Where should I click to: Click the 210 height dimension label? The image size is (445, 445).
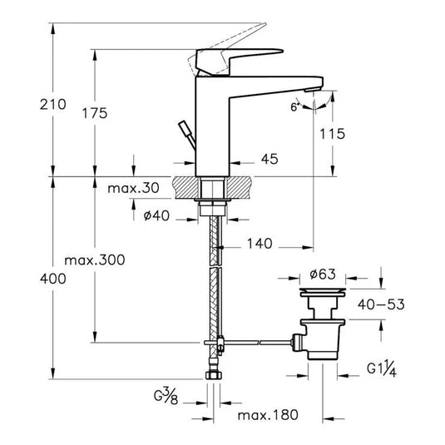(52, 105)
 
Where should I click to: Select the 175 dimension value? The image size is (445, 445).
(95, 113)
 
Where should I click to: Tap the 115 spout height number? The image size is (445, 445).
(333, 134)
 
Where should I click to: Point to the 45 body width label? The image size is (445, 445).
(269, 159)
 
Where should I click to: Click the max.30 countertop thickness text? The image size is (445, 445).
(133, 188)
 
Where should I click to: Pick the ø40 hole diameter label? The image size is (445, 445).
(156, 215)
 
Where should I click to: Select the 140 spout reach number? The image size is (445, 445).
(260, 244)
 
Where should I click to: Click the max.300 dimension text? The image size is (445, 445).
(95, 260)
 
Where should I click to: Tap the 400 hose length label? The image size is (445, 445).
(52, 279)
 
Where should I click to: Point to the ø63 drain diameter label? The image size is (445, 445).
(323, 274)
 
